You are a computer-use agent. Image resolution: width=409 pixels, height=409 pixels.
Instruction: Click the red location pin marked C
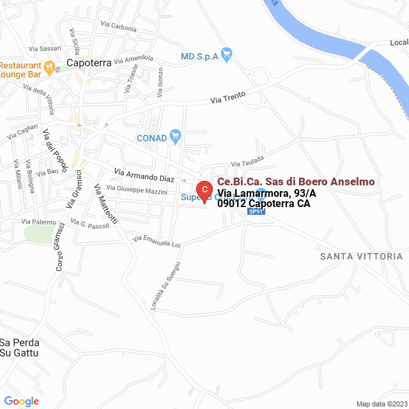[x=203, y=190]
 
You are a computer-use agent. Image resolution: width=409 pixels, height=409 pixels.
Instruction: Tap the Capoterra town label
[x=89, y=63]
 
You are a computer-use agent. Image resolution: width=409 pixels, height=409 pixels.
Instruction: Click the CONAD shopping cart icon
[x=176, y=136]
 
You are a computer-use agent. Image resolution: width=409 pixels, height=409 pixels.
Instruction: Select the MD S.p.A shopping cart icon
[x=226, y=54]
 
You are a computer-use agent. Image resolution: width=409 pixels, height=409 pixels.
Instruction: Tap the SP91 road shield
[x=256, y=212]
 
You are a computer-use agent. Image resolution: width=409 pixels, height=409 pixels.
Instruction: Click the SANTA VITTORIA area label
[x=361, y=256]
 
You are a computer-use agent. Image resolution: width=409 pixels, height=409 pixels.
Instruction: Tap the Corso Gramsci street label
[x=60, y=248]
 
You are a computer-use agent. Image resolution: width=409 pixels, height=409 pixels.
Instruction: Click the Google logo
[x=20, y=401]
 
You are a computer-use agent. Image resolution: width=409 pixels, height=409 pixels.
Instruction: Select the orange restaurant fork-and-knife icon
[x=49, y=66]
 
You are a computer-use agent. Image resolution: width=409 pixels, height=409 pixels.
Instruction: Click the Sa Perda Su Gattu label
[x=20, y=347]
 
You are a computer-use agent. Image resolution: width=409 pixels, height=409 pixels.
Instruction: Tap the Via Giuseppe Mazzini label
[x=137, y=190]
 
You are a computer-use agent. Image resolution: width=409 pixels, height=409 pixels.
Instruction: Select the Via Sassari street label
[x=44, y=49]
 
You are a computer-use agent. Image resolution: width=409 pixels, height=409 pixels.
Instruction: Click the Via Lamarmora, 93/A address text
[x=258, y=194]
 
